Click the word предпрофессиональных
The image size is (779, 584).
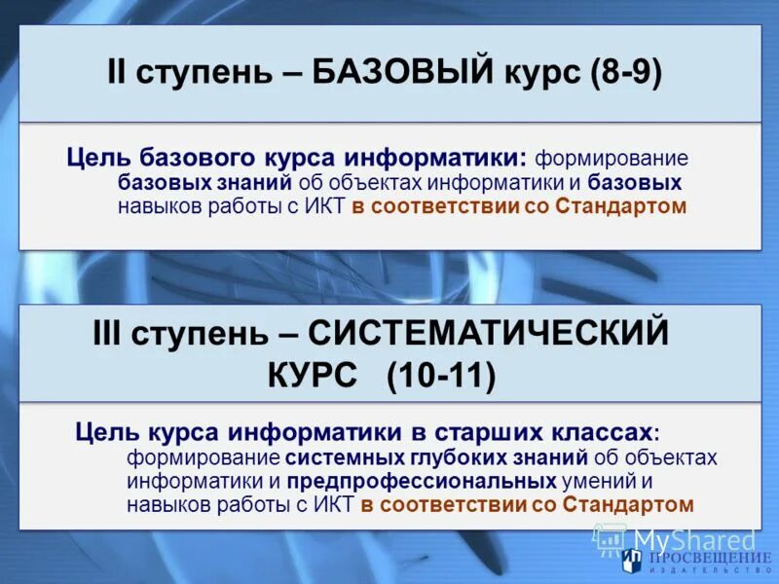(422, 481)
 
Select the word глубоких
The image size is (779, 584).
(439, 457)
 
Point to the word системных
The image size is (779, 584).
(333, 457)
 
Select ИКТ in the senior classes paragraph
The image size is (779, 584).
(334, 504)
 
